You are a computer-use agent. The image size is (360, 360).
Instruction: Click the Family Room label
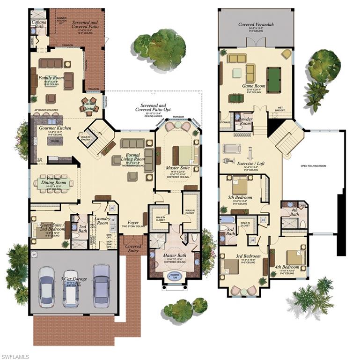tap(51, 77)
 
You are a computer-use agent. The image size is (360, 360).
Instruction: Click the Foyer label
tap(133, 223)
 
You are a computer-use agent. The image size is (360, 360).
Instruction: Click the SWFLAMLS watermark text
tap(15, 356)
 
